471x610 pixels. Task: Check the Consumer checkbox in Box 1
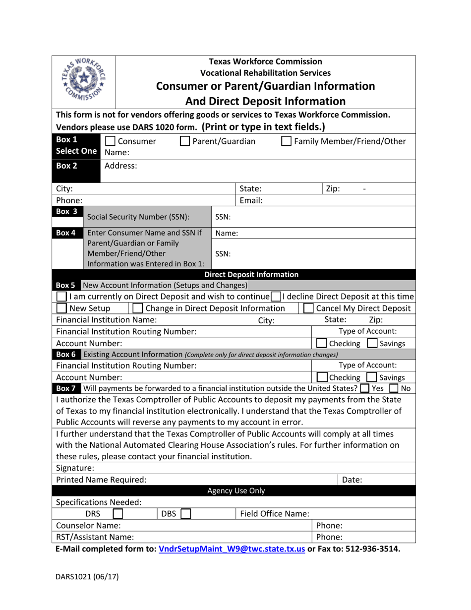click(111, 142)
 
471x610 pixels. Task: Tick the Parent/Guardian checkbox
click(184, 142)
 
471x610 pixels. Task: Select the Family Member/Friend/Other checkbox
click(286, 142)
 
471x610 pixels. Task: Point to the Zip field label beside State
click(333, 189)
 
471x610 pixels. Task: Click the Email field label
click(251, 201)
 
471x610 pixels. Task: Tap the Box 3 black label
click(66, 211)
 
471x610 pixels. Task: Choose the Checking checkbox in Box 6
click(322, 377)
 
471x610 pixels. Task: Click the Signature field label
click(75, 468)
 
